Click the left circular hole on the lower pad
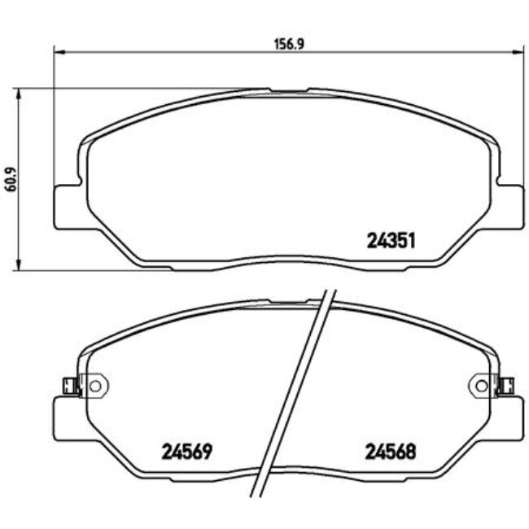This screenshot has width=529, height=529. pos(94,383)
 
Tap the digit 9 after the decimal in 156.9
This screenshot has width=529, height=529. pos(300,46)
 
